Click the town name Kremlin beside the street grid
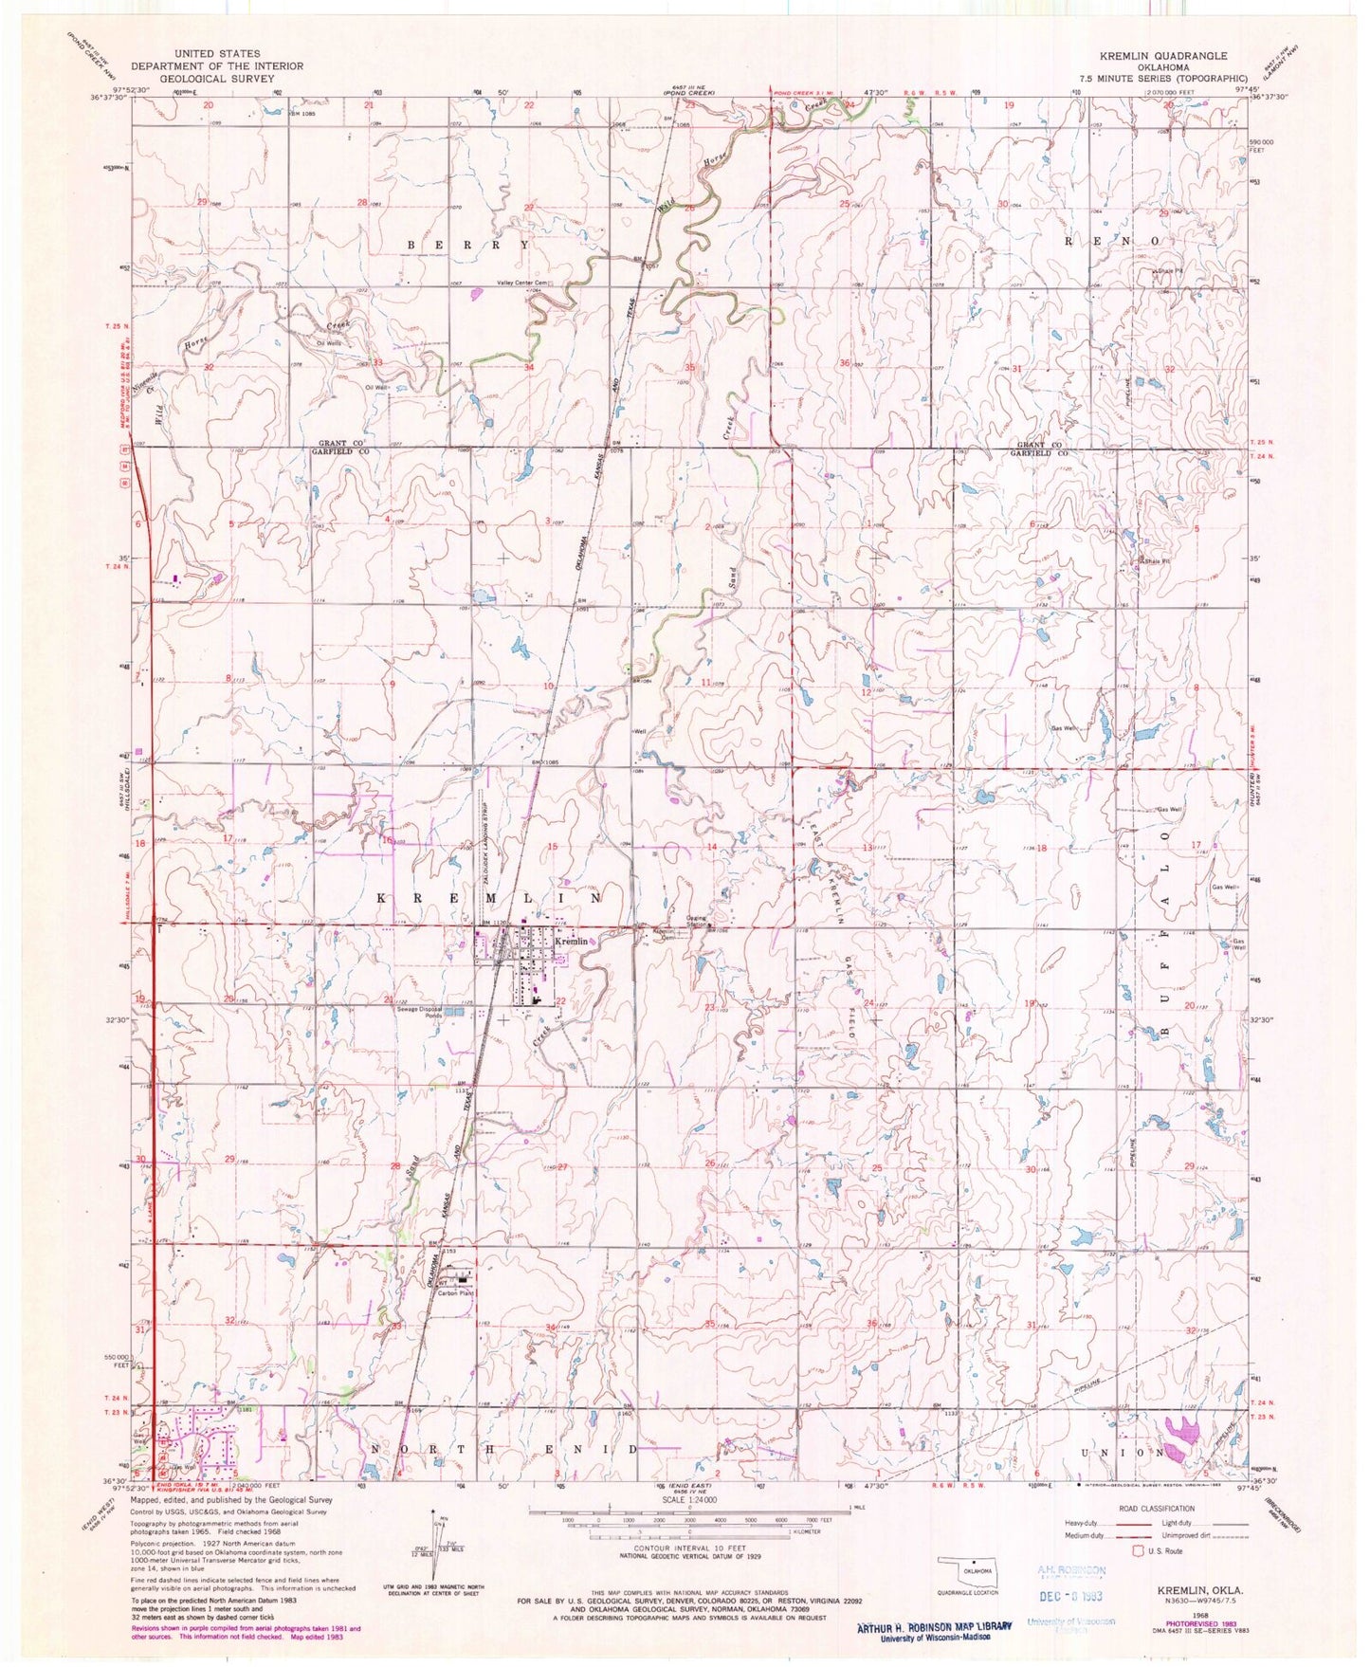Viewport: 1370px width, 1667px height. (571, 942)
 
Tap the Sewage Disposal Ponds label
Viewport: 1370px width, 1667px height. (420, 1012)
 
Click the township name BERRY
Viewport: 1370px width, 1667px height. (467, 245)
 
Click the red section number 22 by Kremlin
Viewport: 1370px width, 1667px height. (560, 1001)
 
